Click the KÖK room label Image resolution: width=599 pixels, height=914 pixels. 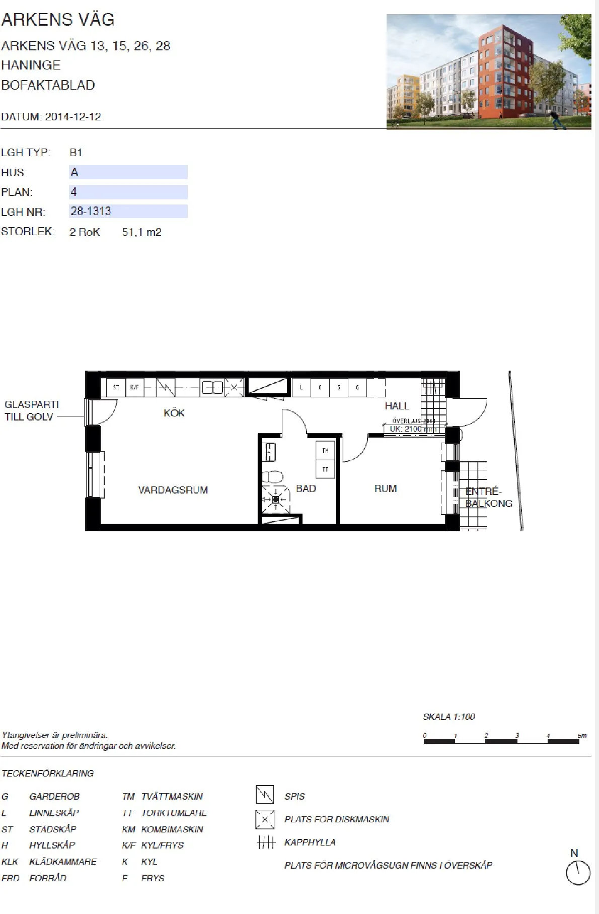(x=174, y=413)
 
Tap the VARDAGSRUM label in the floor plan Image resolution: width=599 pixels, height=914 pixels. (x=173, y=490)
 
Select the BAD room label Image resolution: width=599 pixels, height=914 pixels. (x=306, y=488)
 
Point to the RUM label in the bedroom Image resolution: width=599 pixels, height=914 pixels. (x=386, y=488)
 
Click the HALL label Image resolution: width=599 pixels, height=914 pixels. (x=397, y=406)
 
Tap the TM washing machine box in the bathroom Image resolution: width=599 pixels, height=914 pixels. (x=325, y=451)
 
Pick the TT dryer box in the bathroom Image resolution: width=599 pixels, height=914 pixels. (x=325, y=469)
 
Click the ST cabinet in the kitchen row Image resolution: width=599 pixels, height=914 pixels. (x=116, y=387)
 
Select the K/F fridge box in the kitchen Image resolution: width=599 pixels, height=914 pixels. (x=134, y=387)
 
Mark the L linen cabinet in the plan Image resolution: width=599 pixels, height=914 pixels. (x=301, y=388)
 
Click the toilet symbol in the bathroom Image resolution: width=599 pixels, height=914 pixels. (x=272, y=476)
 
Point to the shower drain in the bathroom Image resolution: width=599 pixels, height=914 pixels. (x=275, y=499)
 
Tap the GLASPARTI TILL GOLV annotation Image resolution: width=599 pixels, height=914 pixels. (x=31, y=410)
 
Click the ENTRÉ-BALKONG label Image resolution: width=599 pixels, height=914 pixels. (x=488, y=498)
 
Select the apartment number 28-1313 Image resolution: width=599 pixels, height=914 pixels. (x=91, y=211)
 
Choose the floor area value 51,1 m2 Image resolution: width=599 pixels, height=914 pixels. (x=141, y=232)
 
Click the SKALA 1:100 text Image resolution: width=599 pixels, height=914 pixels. (x=448, y=717)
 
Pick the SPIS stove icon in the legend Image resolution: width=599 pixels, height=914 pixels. (x=265, y=795)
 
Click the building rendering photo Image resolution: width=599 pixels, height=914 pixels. (x=488, y=72)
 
